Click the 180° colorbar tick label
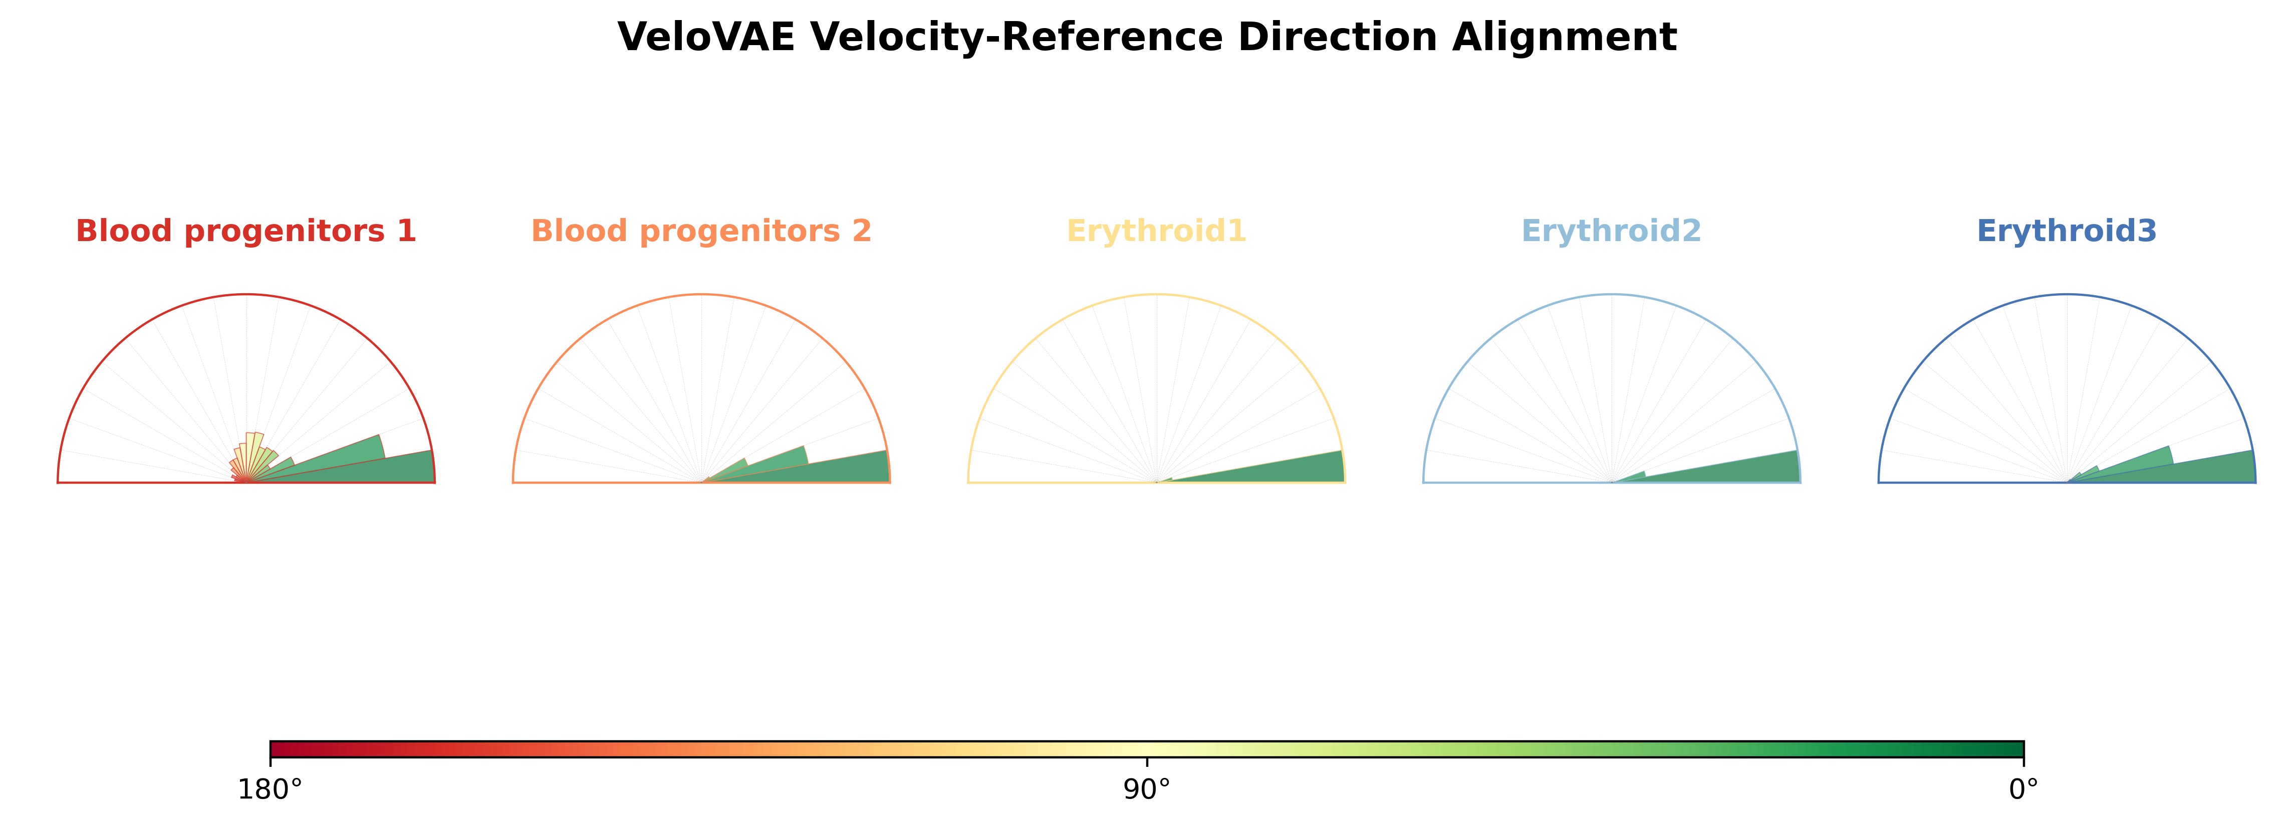pyautogui.click(x=270, y=790)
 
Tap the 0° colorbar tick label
pyautogui.click(x=2024, y=790)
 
